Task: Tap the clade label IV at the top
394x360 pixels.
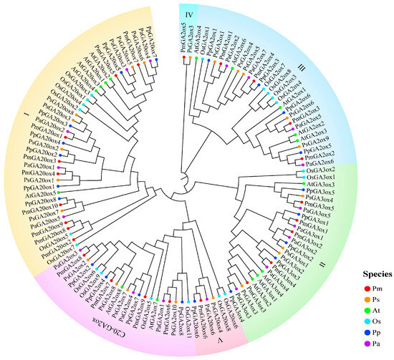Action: coord(188,13)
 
